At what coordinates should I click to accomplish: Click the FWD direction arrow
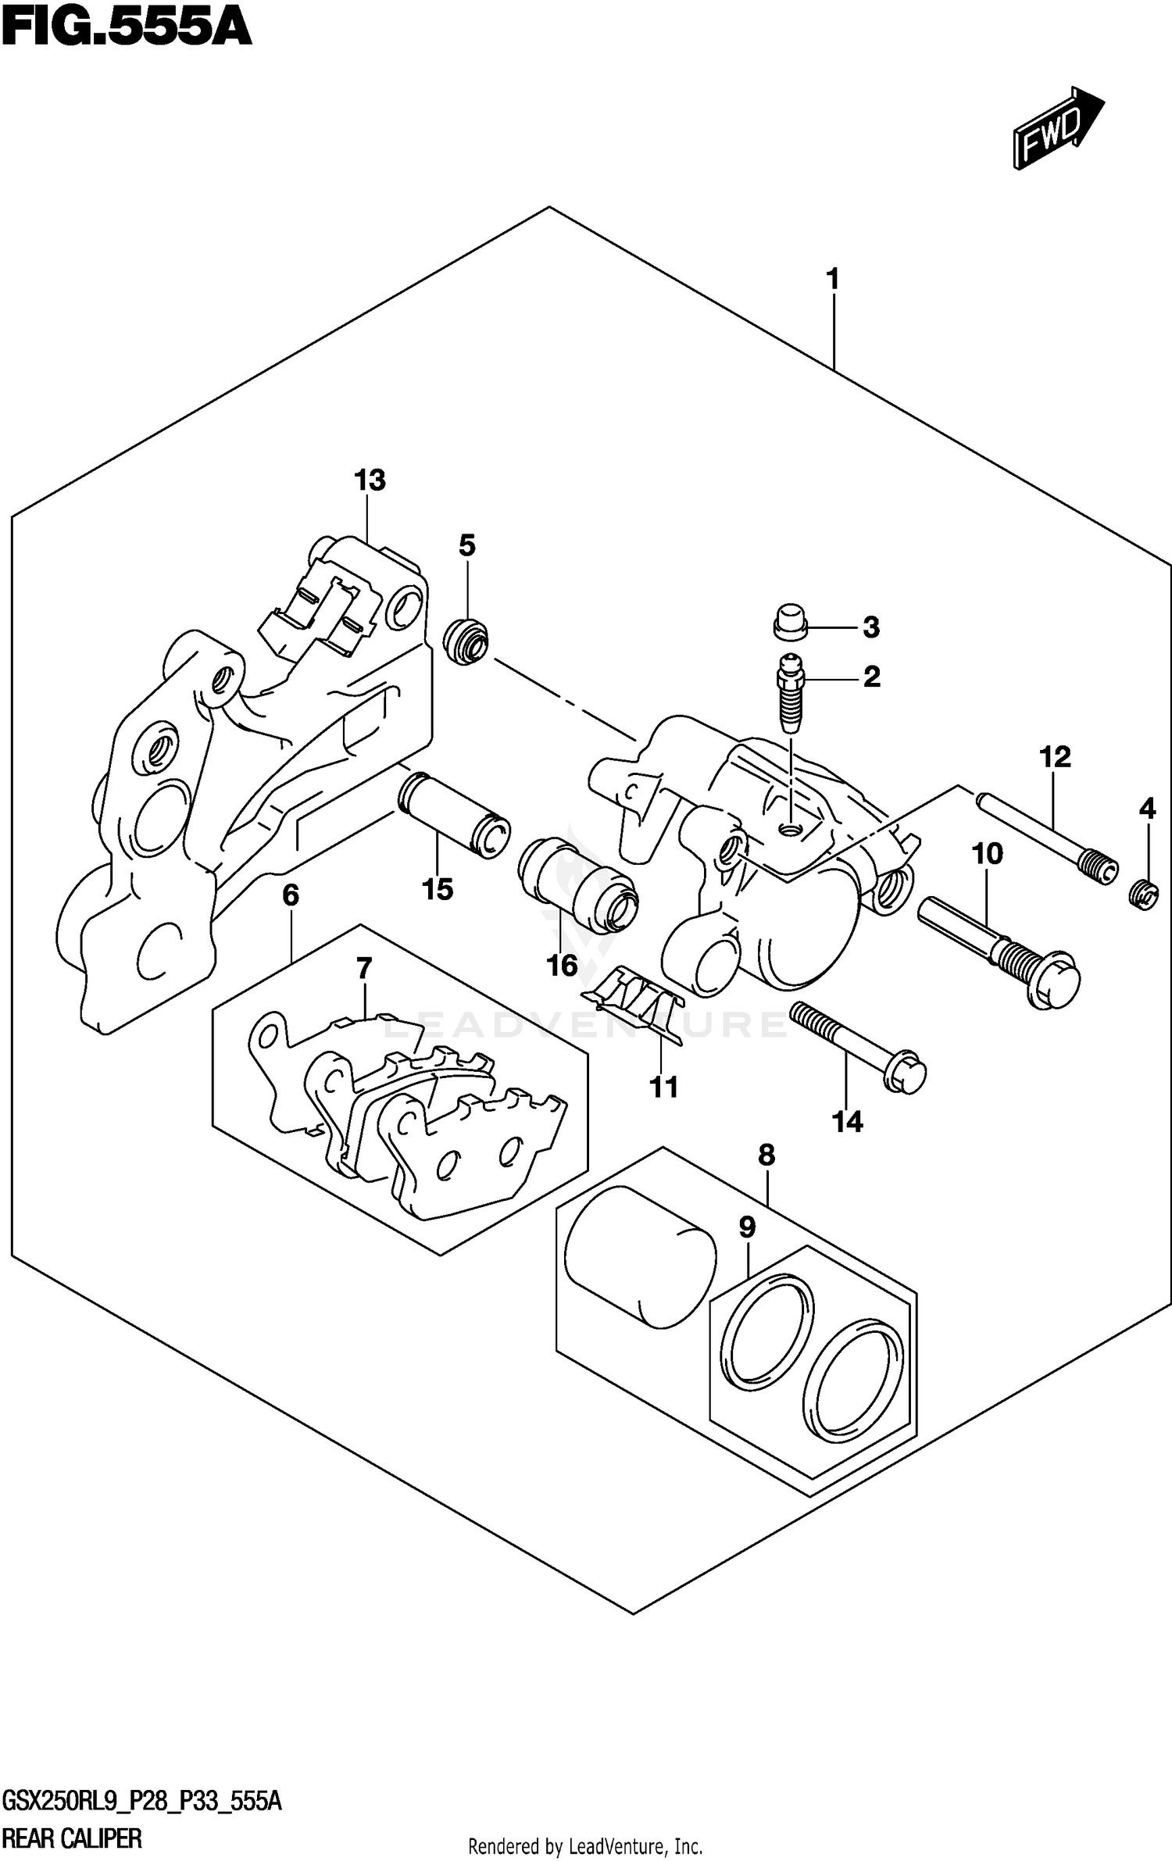[1057, 127]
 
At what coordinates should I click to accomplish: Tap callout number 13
[369, 480]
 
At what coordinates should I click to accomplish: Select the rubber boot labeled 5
[466, 640]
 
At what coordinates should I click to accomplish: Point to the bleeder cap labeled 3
[791, 620]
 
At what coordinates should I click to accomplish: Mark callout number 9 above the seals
[747, 1227]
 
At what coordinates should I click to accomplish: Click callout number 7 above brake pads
[363, 969]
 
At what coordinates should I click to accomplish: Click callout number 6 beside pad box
[290, 895]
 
